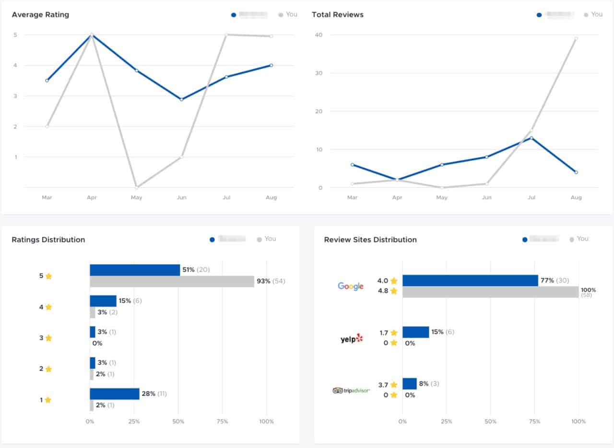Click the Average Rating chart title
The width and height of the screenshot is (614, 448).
click(40, 15)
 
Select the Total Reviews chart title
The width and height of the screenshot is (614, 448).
click(338, 15)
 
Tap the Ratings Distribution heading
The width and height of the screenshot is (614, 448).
click(48, 240)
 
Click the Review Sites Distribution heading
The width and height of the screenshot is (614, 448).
click(370, 240)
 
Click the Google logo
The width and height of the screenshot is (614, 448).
click(351, 286)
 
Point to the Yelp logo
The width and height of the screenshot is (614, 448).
click(352, 339)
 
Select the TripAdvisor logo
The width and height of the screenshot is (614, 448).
click(352, 391)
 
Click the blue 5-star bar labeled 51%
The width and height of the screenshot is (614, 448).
click(135, 270)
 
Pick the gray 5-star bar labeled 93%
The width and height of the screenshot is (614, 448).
click(172, 281)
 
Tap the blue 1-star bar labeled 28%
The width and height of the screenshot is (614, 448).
click(114, 394)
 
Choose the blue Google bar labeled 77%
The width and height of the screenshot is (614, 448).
click(470, 280)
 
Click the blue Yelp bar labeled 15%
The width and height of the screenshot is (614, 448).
click(415, 332)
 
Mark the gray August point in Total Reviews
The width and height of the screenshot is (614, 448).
click(576, 38)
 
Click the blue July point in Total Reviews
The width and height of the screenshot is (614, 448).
click(531, 138)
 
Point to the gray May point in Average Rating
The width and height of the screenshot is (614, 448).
click(137, 187)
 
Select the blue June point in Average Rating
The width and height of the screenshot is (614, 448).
click(181, 99)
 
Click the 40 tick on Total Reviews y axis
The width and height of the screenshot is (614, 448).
click(319, 35)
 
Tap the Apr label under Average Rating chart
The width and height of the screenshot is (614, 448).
click(92, 197)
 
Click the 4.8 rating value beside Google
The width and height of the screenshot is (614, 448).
click(383, 291)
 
